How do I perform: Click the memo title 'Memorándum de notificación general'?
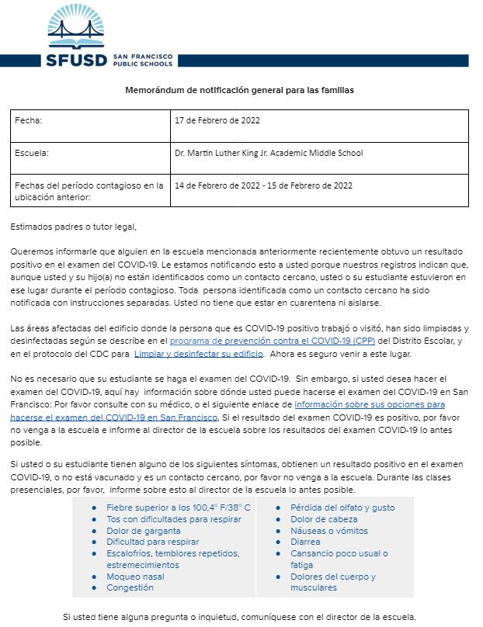point(239,91)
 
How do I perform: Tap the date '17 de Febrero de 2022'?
point(217,121)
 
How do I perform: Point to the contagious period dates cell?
point(264,185)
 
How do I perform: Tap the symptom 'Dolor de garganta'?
point(144,531)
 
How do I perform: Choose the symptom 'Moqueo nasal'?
point(136,577)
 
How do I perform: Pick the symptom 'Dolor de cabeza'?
point(324,519)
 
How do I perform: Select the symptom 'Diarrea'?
point(306,542)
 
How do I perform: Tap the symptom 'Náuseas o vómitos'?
point(329,531)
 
